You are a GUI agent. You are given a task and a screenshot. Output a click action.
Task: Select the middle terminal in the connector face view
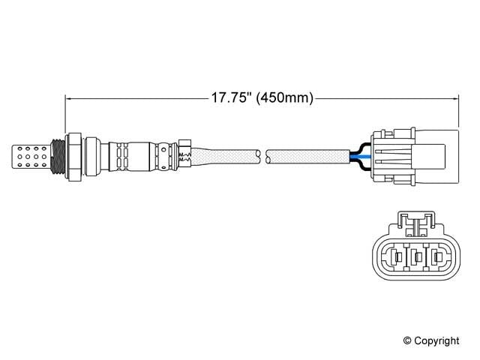pyautogui.click(x=415, y=258)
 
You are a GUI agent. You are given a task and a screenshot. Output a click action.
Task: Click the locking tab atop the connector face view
pyautogui.click(x=414, y=221)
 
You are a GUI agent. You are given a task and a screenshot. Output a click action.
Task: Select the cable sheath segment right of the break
pyautogui.click(x=307, y=155)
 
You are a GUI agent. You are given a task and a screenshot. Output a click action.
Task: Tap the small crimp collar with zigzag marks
pyautogui.click(x=185, y=154)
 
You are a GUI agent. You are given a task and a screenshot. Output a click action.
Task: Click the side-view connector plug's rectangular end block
pyautogui.click(x=436, y=154)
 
